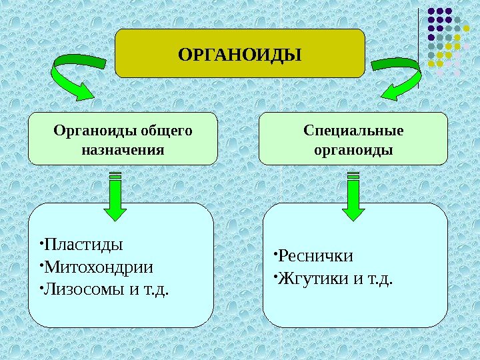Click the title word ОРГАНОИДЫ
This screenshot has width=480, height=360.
[x=240, y=53]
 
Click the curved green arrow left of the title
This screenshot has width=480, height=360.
[x=77, y=75]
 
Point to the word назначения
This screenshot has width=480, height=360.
[x=123, y=149]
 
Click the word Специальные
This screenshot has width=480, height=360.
[x=353, y=130]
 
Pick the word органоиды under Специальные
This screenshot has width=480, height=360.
[x=353, y=149]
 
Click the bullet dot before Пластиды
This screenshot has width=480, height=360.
[x=41, y=241]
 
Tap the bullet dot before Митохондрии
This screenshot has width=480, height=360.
[x=41, y=265]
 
